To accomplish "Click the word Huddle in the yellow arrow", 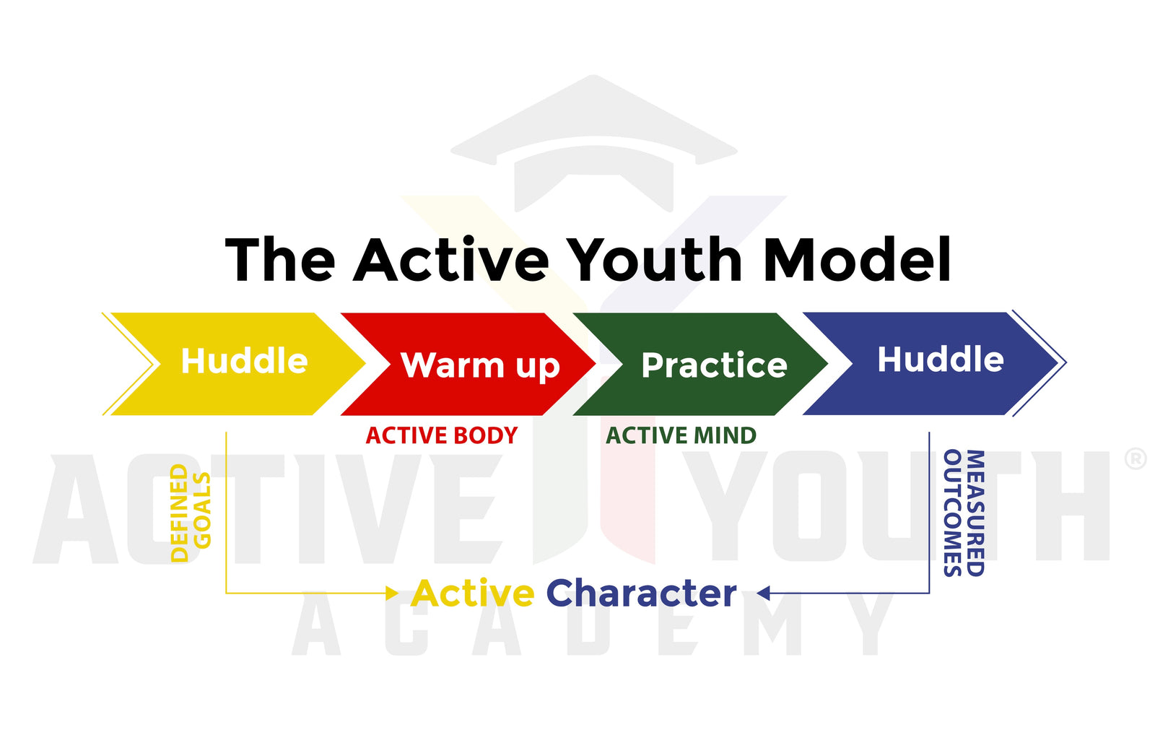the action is click(245, 360).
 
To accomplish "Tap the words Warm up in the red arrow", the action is click(480, 366).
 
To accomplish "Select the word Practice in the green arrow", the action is click(714, 365).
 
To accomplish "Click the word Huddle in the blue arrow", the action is click(941, 359).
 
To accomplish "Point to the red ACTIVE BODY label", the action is click(441, 436).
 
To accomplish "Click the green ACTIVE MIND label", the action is click(681, 436).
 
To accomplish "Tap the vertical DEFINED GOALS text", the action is click(191, 513).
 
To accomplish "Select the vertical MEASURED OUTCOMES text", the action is click(964, 513).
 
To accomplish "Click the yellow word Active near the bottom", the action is click(472, 593).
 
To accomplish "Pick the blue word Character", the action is click(642, 593).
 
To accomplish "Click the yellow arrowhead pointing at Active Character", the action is click(392, 593).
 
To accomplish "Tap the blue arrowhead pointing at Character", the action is click(764, 593).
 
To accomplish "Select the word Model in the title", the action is click(857, 258).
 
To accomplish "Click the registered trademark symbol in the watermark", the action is click(1136, 458).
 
